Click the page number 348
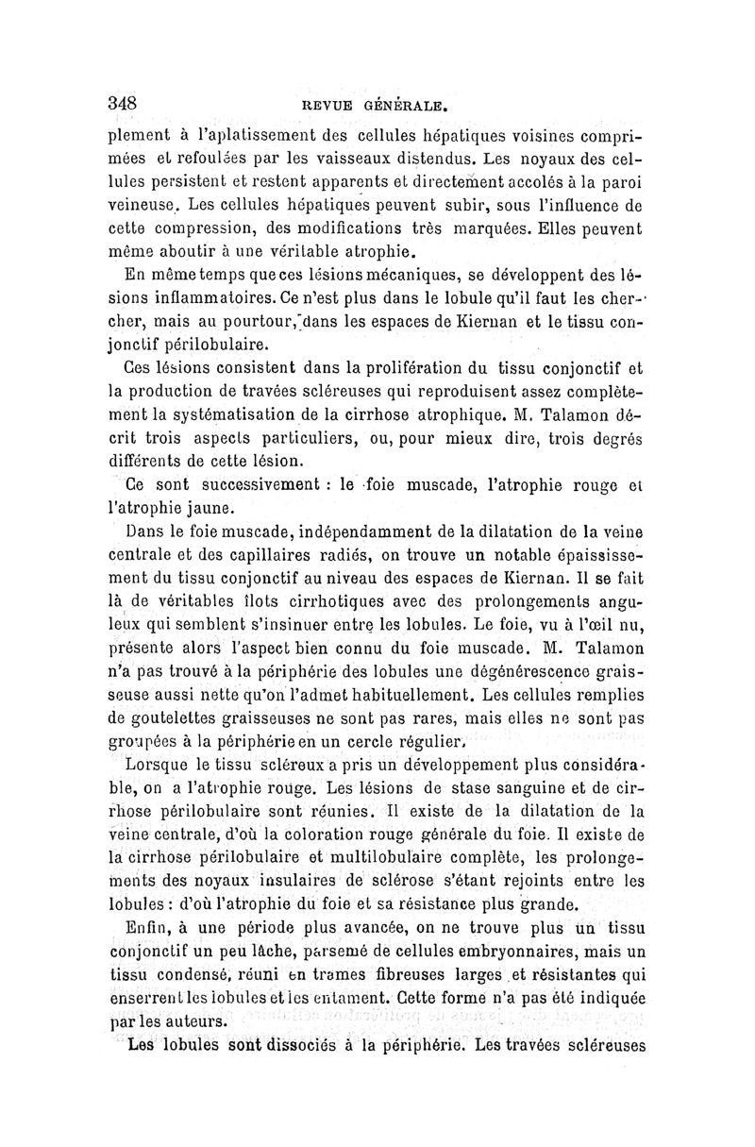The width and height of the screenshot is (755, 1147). [124, 102]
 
